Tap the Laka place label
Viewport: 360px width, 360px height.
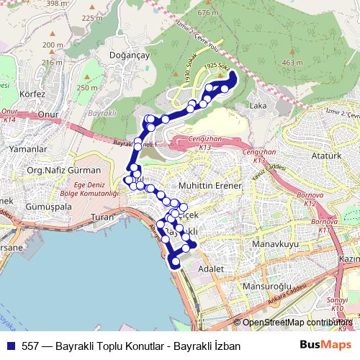[257, 106]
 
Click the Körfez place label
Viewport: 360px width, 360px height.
[33, 94]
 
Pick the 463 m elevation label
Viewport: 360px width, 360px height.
[293, 63]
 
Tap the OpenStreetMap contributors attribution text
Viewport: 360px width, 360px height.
[297, 323]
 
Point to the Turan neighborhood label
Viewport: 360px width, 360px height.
[104, 217]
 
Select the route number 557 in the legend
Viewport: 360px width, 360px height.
[31, 346]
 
